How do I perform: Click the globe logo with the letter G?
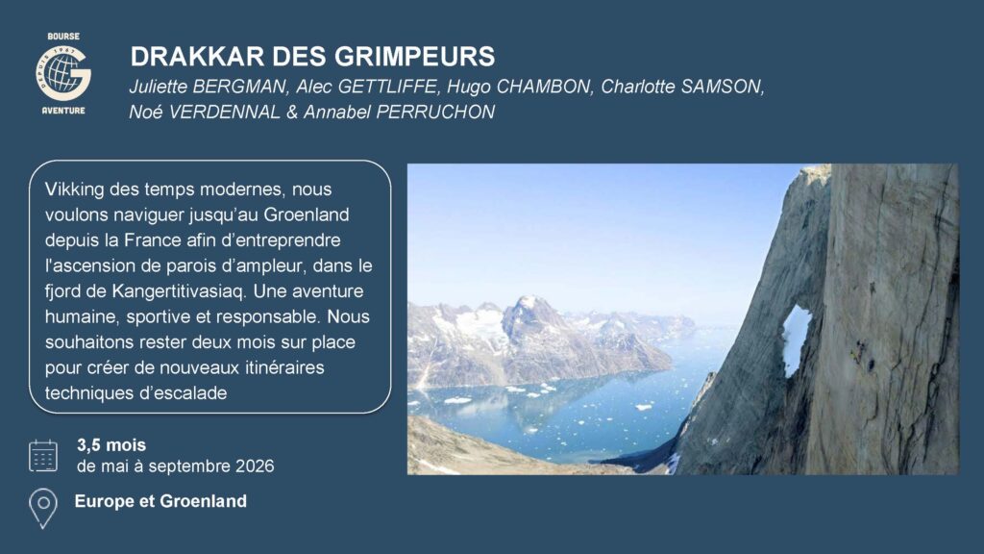click(63, 73)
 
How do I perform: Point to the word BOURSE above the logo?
click(63, 37)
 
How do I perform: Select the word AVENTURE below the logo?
click(63, 111)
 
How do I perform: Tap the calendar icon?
click(42, 455)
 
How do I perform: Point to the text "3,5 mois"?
click(111, 444)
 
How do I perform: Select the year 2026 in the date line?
click(255, 466)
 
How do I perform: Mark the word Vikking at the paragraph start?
click(74, 189)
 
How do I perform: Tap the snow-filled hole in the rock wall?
click(795, 340)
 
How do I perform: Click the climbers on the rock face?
click(862, 358)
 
